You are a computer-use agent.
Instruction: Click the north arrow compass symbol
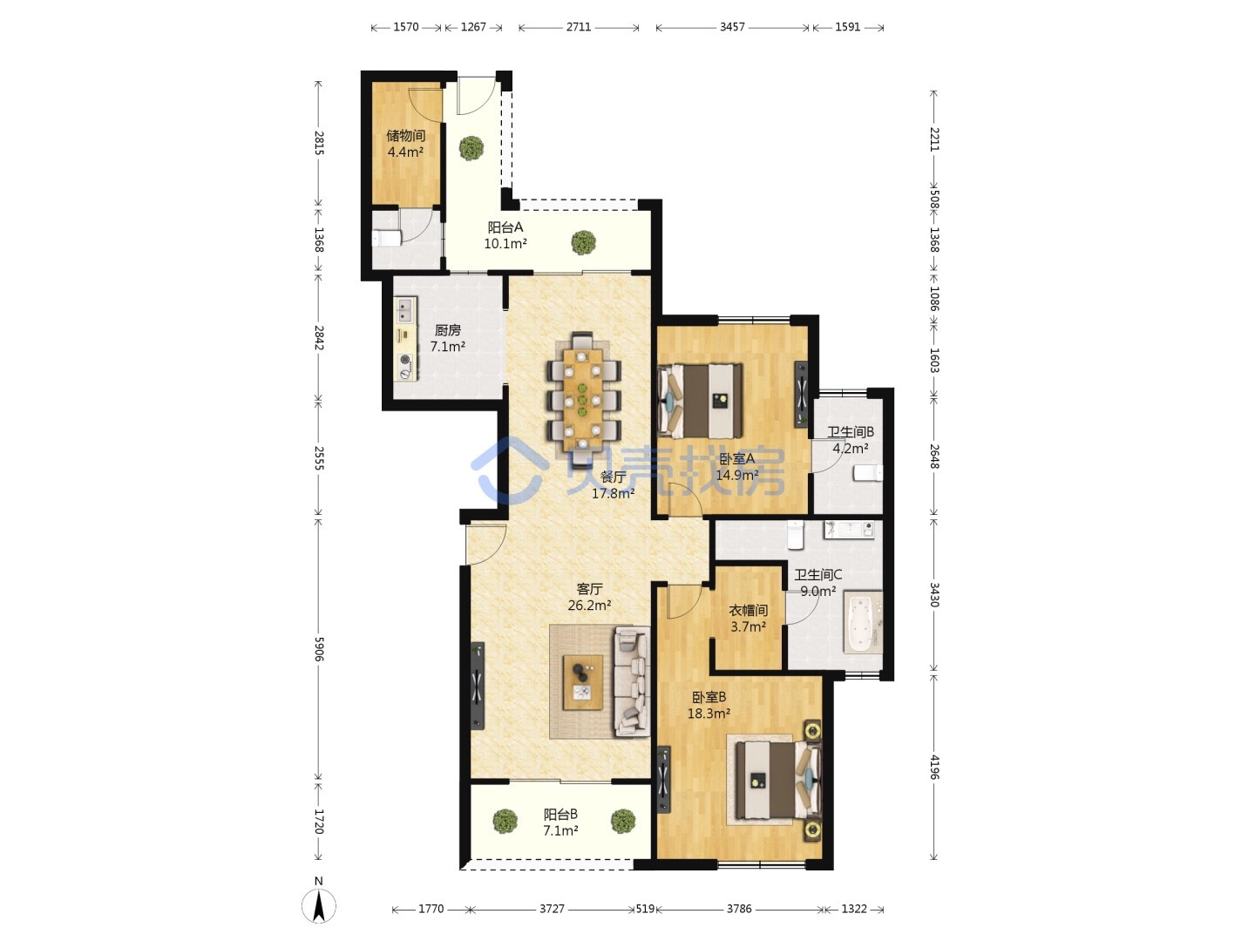point(318,905)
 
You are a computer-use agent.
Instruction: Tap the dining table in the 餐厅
point(583,399)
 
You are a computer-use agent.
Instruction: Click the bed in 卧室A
point(701,401)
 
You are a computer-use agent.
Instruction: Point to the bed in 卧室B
point(778,779)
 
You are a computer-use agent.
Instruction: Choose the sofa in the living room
point(633,681)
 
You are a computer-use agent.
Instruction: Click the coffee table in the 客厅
point(583,682)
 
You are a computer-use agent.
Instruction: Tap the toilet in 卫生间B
point(868,473)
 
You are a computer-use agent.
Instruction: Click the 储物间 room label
point(405,135)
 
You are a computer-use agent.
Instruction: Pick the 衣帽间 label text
point(748,610)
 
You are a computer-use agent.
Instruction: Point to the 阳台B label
point(560,814)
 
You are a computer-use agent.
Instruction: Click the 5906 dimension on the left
point(318,649)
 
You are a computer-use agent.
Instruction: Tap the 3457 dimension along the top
point(732,27)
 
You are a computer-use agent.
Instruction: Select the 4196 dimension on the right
point(933,767)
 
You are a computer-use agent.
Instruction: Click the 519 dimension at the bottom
point(645,909)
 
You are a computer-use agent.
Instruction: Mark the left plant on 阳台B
point(505,821)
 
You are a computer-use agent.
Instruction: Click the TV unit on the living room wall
point(477,686)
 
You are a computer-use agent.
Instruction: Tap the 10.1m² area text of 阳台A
point(505,244)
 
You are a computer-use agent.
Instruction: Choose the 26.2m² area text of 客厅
point(589,605)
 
